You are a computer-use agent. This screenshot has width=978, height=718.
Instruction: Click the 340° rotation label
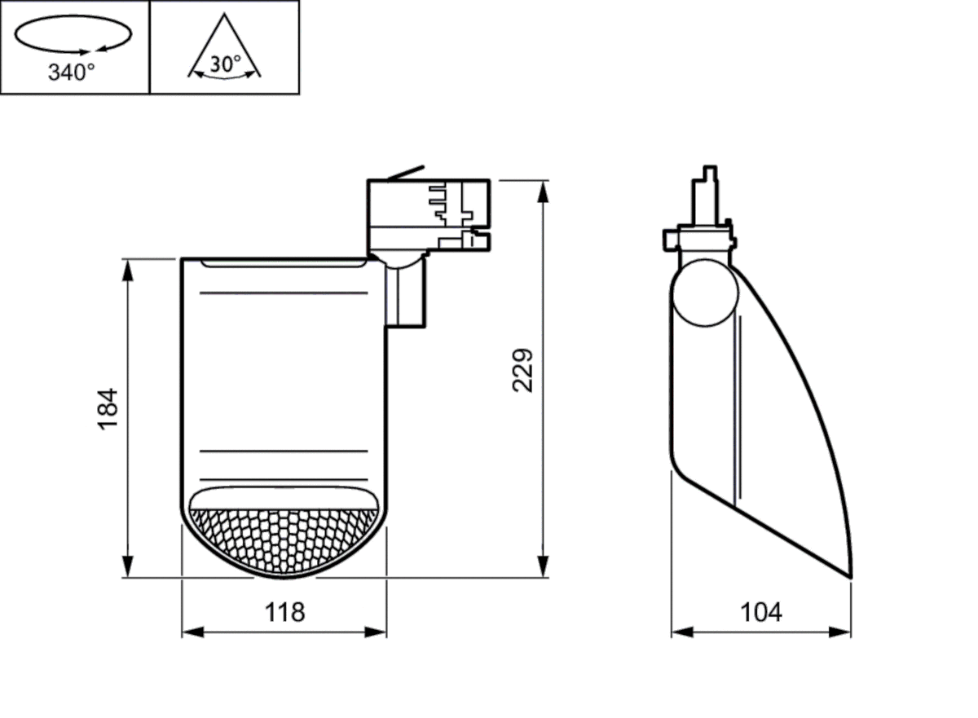(x=72, y=73)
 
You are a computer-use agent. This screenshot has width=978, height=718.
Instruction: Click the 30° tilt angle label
(x=224, y=64)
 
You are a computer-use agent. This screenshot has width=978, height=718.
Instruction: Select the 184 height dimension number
(x=108, y=409)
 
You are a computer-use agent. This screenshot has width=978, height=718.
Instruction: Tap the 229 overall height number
(x=522, y=370)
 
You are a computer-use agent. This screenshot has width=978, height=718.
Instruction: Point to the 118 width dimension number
(x=284, y=612)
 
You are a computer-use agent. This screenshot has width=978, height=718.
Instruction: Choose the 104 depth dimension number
(x=760, y=612)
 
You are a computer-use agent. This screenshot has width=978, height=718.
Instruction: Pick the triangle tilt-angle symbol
(x=224, y=45)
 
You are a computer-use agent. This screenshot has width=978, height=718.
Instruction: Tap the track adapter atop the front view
(x=429, y=213)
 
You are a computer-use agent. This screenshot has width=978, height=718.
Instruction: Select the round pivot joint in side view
(x=706, y=292)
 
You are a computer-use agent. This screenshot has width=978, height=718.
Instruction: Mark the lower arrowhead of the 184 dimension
(x=127, y=569)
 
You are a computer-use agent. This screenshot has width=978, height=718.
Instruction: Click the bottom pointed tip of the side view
(x=850, y=575)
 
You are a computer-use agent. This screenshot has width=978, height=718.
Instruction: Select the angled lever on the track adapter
(x=405, y=172)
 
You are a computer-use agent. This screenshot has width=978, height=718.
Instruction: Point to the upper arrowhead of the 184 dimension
(x=127, y=268)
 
